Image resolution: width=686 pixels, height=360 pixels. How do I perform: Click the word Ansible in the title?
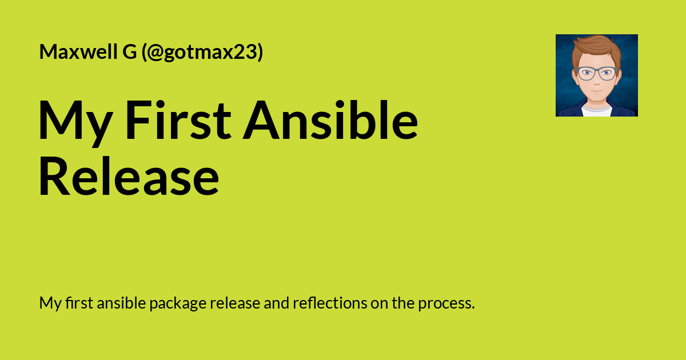point(330,121)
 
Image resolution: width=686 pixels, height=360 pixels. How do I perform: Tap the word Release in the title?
point(129,178)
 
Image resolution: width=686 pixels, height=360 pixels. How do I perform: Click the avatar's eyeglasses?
point(596,73)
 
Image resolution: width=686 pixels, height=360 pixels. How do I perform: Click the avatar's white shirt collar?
point(596,110)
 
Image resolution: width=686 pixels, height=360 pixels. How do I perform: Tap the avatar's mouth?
point(596,92)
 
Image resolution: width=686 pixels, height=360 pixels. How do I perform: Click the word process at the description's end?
point(446,303)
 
